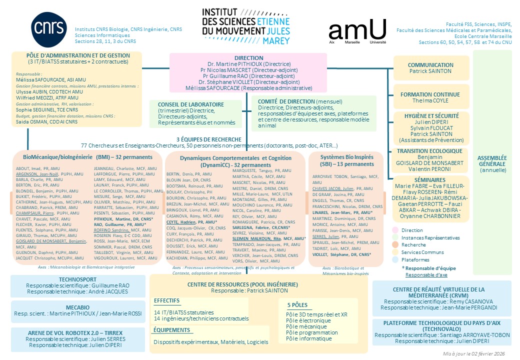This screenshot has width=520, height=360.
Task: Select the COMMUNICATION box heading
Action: [x=430, y=65]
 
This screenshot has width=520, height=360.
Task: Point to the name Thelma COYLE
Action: [x=430, y=100]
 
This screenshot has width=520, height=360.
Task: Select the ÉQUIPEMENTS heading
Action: [x=172, y=330]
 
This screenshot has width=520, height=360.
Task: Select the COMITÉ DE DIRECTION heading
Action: [x=286, y=101]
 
